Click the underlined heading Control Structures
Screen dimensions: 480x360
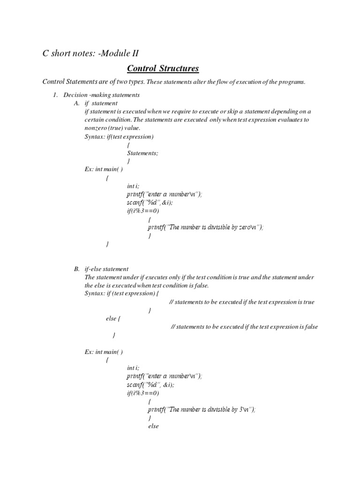[163, 68]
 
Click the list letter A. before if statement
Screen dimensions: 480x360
[77, 103]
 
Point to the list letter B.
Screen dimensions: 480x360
[77, 269]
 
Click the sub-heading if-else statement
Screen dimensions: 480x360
[106, 269]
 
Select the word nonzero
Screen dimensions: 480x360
[95, 128]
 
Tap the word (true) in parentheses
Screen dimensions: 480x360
[116, 128]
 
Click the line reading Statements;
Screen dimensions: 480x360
[142, 153]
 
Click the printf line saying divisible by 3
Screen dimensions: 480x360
[202, 409]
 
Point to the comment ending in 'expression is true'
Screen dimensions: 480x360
[241, 302]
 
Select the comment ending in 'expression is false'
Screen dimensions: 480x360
[244, 327]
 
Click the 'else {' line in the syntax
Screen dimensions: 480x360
[113, 318]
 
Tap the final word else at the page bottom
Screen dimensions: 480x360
[153, 426]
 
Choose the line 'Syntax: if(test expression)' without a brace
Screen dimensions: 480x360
[119, 136]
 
